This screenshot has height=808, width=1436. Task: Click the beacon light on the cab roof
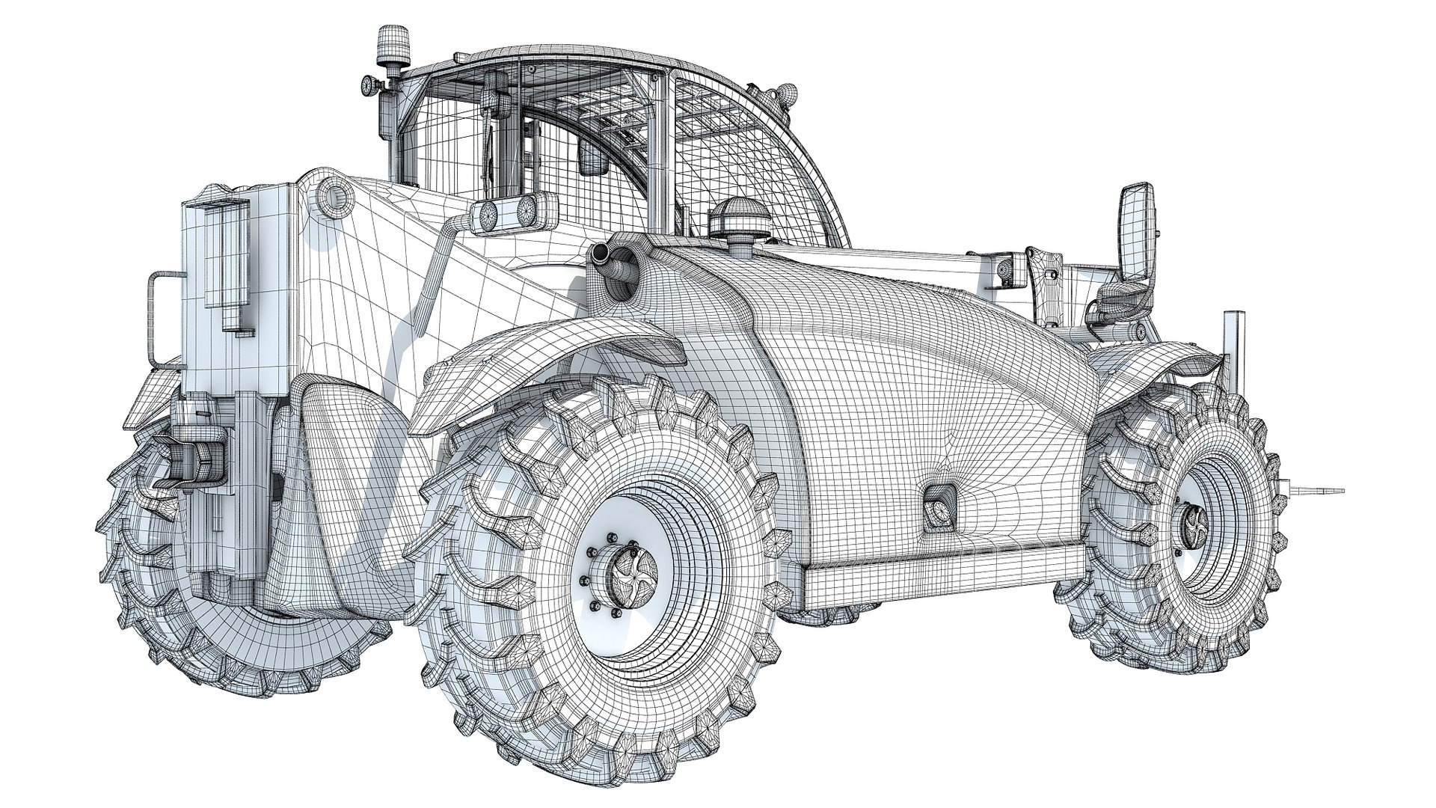click(388, 45)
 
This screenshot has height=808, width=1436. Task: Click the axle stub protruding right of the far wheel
click(1316, 491)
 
